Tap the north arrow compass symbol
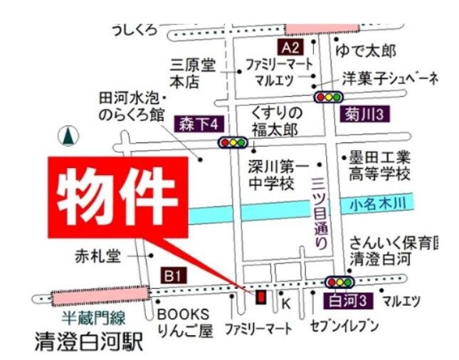[68, 135]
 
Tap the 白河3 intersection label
[349, 301]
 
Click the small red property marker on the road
[260, 295]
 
